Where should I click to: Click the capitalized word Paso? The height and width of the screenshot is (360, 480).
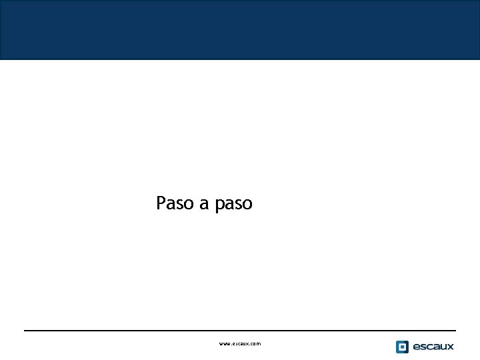[175, 203]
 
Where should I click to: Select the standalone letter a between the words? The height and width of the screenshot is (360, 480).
[205, 204]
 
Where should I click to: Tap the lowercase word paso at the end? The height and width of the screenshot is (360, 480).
[234, 205]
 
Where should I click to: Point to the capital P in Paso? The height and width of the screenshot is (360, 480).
[161, 203]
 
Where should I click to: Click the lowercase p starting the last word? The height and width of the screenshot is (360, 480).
[220, 205]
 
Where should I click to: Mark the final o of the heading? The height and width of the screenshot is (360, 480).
[247, 204]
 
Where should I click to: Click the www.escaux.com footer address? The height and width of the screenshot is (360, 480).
[240, 344]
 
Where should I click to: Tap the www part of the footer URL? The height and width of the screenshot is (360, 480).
[225, 344]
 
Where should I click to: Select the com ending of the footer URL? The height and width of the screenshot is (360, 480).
[256, 344]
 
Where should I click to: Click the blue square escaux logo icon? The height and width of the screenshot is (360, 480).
[402, 347]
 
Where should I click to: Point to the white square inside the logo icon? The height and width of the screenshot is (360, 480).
[402, 347]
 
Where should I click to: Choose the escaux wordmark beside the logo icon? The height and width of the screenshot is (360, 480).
[433, 347]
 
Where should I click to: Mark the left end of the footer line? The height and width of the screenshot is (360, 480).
[25, 330]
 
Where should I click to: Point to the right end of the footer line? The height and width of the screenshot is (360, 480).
[455, 330]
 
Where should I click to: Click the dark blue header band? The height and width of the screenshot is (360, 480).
[240, 30]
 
